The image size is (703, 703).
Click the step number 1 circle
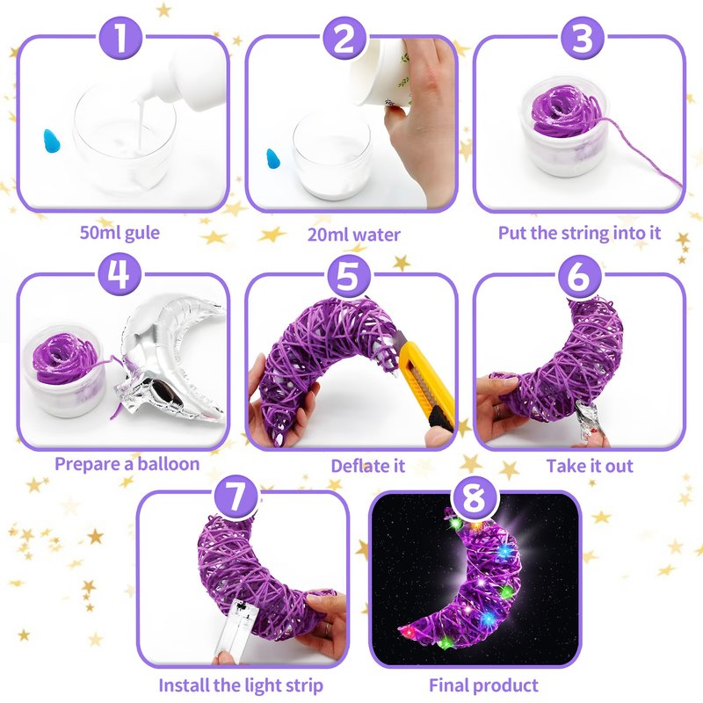pyautogui.click(x=120, y=38)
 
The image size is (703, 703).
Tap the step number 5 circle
pyautogui.click(x=348, y=275)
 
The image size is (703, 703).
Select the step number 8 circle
pyautogui.click(x=475, y=497)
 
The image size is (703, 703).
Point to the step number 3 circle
pyautogui.click(x=582, y=38)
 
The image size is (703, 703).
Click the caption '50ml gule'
pyautogui.click(x=120, y=233)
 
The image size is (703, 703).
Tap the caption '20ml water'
pyautogui.click(x=354, y=235)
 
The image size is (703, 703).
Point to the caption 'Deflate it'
pyautogui.click(x=367, y=466)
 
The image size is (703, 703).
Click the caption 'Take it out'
pyautogui.click(x=590, y=466)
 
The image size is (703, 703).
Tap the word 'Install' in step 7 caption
pyautogui.click(x=184, y=685)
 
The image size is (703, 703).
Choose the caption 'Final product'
pyautogui.click(x=483, y=685)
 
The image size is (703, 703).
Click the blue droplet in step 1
pyautogui.click(x=52, y=141)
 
